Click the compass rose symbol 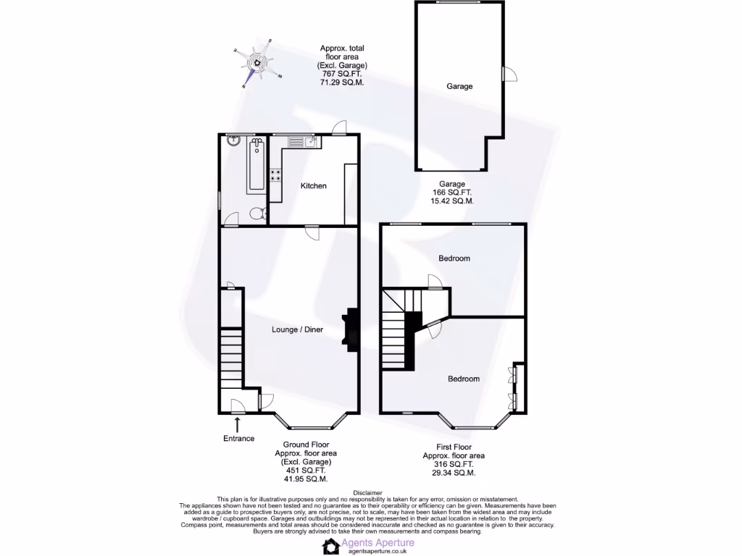[x=257, y=62]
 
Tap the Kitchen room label [x=314, y=186]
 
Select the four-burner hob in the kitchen [x=276, y=174]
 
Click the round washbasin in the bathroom [x=232, y=142]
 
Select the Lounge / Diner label [x=297, y=330]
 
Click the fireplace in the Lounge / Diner [x=351, y=330]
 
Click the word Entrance [x=238, y=439]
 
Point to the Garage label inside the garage [x=459, y=86]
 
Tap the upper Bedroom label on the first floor [x=454, y=258]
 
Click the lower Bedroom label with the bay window [x=463, y=379]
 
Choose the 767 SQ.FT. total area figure [x=342, y=74]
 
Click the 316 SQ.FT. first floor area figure [x=454, y=464]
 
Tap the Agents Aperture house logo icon [x=331, y=546]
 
